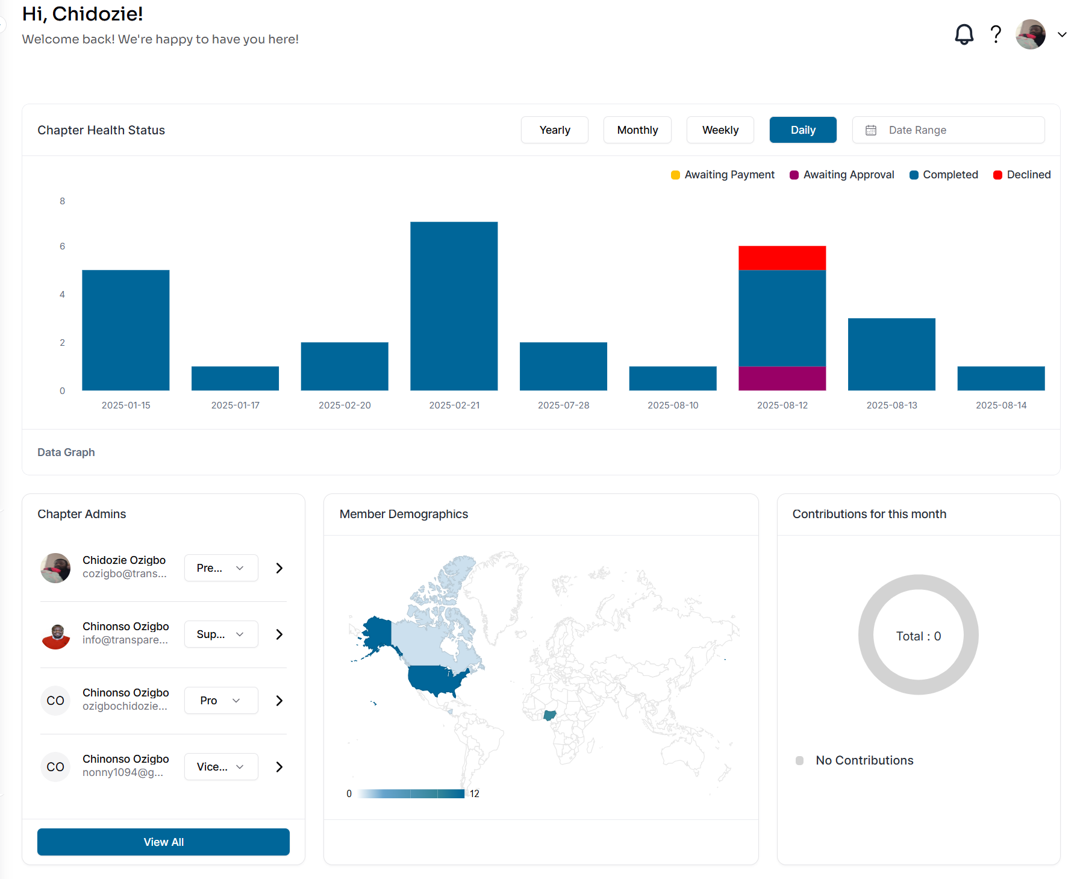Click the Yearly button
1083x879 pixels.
click(554, 130)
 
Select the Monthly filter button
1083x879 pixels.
click(637, 130)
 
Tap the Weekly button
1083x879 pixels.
click(720, 130)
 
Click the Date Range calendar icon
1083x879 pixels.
click(871, 130)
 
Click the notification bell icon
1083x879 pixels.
click(964, 34)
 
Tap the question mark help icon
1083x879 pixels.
click(996, 34)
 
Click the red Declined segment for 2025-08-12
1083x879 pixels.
click(782, 258)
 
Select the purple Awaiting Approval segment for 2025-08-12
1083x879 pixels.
click(782, 378)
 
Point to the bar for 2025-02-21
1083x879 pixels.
click(454, 306)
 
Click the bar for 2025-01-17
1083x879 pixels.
click(235, 378)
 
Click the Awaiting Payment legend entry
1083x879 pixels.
click(722, 175)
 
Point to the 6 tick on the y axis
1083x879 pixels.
click(62, 246)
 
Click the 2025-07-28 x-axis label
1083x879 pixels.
click(563, 405)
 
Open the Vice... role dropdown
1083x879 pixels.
click(221, 767)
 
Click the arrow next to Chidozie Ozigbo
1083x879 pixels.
click(279, 568)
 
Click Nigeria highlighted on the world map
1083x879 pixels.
click(549, 715)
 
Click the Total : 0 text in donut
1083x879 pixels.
click(918, 636)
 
